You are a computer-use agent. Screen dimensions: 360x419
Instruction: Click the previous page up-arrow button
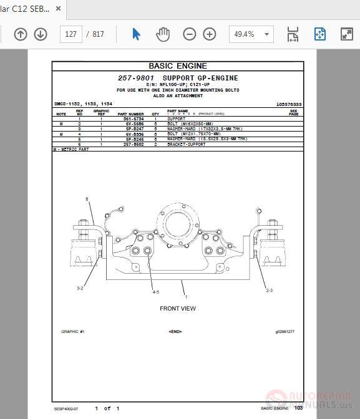(x=21, y=34)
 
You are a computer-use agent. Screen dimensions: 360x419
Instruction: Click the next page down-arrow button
(x=41, y=34)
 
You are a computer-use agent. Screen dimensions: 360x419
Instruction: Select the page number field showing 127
(x=71, y=34)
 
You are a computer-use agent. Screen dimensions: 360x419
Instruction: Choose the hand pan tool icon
(x=162, y=34)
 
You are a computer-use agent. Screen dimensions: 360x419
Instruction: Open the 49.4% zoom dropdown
(x=251, y=34)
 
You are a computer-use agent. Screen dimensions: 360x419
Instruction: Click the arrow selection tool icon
(x=136, y=34)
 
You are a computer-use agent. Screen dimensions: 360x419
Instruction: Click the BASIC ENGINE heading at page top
(x=178, y=66)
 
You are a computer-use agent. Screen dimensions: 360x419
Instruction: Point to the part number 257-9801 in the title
(x=136, y=78)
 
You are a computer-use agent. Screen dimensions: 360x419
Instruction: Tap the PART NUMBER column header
(x=132, y=114)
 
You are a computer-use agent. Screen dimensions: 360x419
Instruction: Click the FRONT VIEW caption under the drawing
(x=178, y=309)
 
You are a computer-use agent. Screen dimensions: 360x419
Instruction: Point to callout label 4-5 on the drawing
(x=155, y=292)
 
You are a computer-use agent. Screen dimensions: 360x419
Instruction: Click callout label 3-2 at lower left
(x=80, y=288)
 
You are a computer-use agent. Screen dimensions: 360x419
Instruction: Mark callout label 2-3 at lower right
(x=269, y=290)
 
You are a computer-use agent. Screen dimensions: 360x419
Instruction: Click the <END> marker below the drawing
(x=175, y=332)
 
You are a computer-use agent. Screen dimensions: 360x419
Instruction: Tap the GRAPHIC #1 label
(x=73, y=332)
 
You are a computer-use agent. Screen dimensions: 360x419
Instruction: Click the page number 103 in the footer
(x=298, y=408)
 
